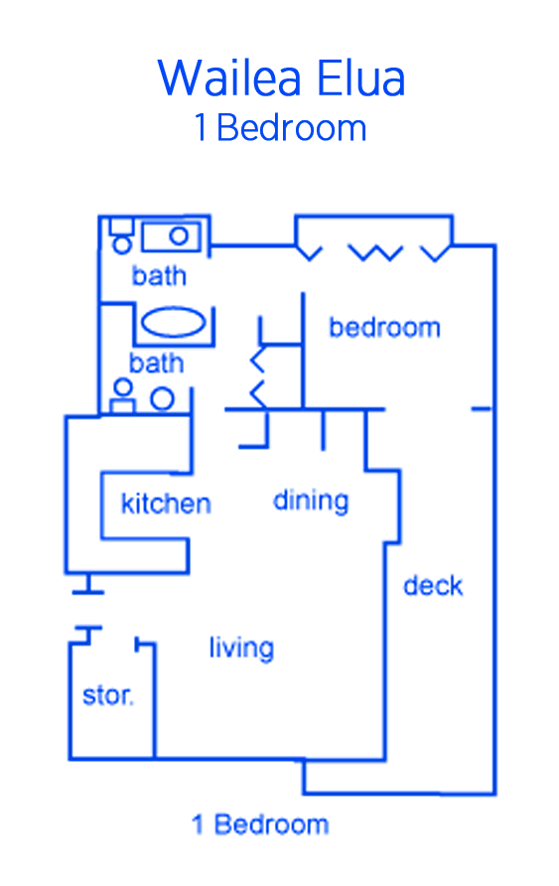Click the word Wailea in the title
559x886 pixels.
(x=228, y=78)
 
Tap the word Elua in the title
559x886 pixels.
(x=361, y=78)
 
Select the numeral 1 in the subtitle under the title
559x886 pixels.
(x=200, y=127)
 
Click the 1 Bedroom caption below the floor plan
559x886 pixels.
(x=260, y=824)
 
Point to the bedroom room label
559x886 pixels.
(x=384, y=327)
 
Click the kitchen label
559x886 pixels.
(x=166, y=503)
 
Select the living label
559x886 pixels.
(x=241, y=649)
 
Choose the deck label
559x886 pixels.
(x=433, y=585)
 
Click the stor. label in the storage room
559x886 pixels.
(x=108, y=695)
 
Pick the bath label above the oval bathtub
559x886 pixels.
(x=159, y=276)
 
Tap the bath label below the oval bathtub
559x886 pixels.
(x=157, y=363)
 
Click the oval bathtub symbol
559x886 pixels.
(x=174, y=323)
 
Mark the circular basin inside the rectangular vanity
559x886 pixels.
(x=179, y=235)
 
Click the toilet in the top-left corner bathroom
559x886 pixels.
(x=121, y=235)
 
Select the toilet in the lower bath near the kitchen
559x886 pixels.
(x=122, y=396)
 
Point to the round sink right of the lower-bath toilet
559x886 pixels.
(x=162, y=399)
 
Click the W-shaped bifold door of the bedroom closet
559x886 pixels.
(x=375, y=252)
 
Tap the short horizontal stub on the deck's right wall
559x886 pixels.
(x=482, y=408)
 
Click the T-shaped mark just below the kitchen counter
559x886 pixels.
(x=87, y=584)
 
